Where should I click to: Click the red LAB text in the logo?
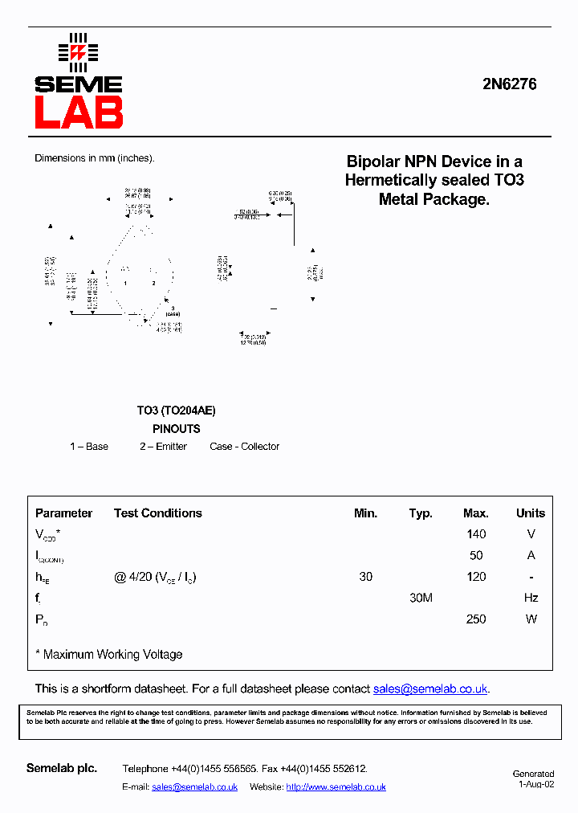79,112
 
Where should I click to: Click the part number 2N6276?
509,84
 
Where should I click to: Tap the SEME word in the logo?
79,84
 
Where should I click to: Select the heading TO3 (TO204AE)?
176,411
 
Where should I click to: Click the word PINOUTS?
176,429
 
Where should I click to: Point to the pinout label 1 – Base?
89,447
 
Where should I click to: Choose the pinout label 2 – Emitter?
163,447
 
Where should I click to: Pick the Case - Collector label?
245,447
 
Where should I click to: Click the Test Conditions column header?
158,513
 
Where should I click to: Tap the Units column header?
530,513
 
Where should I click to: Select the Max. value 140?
476,534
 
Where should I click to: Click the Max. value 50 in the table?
476,556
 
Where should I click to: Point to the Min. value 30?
366,577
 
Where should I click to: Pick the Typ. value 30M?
421,598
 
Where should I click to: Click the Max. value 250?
476,619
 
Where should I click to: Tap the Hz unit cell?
530,598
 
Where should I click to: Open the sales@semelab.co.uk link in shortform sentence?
430,689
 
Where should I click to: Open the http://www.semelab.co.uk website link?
336,787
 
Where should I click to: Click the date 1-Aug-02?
536,784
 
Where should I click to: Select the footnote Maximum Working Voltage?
112,655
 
